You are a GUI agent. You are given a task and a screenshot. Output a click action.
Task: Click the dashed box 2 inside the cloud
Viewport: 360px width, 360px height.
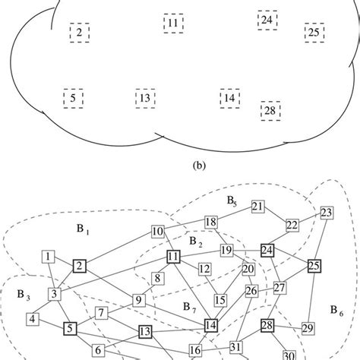click(x=79, y=32)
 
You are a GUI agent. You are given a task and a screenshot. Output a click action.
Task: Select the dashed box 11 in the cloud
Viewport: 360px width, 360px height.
click(x=173, y=24)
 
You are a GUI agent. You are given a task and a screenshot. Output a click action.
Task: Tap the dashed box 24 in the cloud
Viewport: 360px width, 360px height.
click(x=267, y=19)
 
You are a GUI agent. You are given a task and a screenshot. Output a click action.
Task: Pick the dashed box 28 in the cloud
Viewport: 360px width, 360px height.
click(x=270, y=112)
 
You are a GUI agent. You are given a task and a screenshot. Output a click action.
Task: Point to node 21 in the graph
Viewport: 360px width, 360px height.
click(x=257, y=207)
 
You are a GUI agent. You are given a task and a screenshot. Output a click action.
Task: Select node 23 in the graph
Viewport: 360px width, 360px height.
click(x=327, y=212)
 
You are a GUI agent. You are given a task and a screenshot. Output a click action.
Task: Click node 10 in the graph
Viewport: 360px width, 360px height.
click(x=158, y=232)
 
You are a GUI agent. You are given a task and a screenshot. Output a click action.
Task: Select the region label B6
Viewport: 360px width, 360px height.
click(x=337, y=309)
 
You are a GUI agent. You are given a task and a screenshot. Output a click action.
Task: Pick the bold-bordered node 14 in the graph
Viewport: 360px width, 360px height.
click(x=212, y=326)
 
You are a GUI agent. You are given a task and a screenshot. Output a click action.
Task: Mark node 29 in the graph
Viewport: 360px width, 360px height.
click(x=307, y=328)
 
